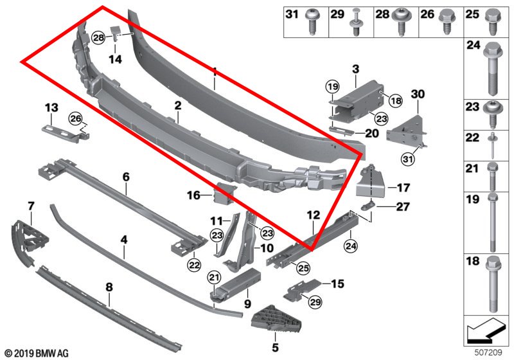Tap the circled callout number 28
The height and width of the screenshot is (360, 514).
pos(98,39)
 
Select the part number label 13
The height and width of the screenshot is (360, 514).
pos(51,107)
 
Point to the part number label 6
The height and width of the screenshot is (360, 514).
pos(126,175)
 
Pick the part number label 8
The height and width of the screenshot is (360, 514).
pos(109,286)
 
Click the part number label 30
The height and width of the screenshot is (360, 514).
pos(418,94)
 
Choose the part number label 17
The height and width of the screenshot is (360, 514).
pos(403,188)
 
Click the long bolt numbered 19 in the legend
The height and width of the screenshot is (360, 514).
pos(491,222)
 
